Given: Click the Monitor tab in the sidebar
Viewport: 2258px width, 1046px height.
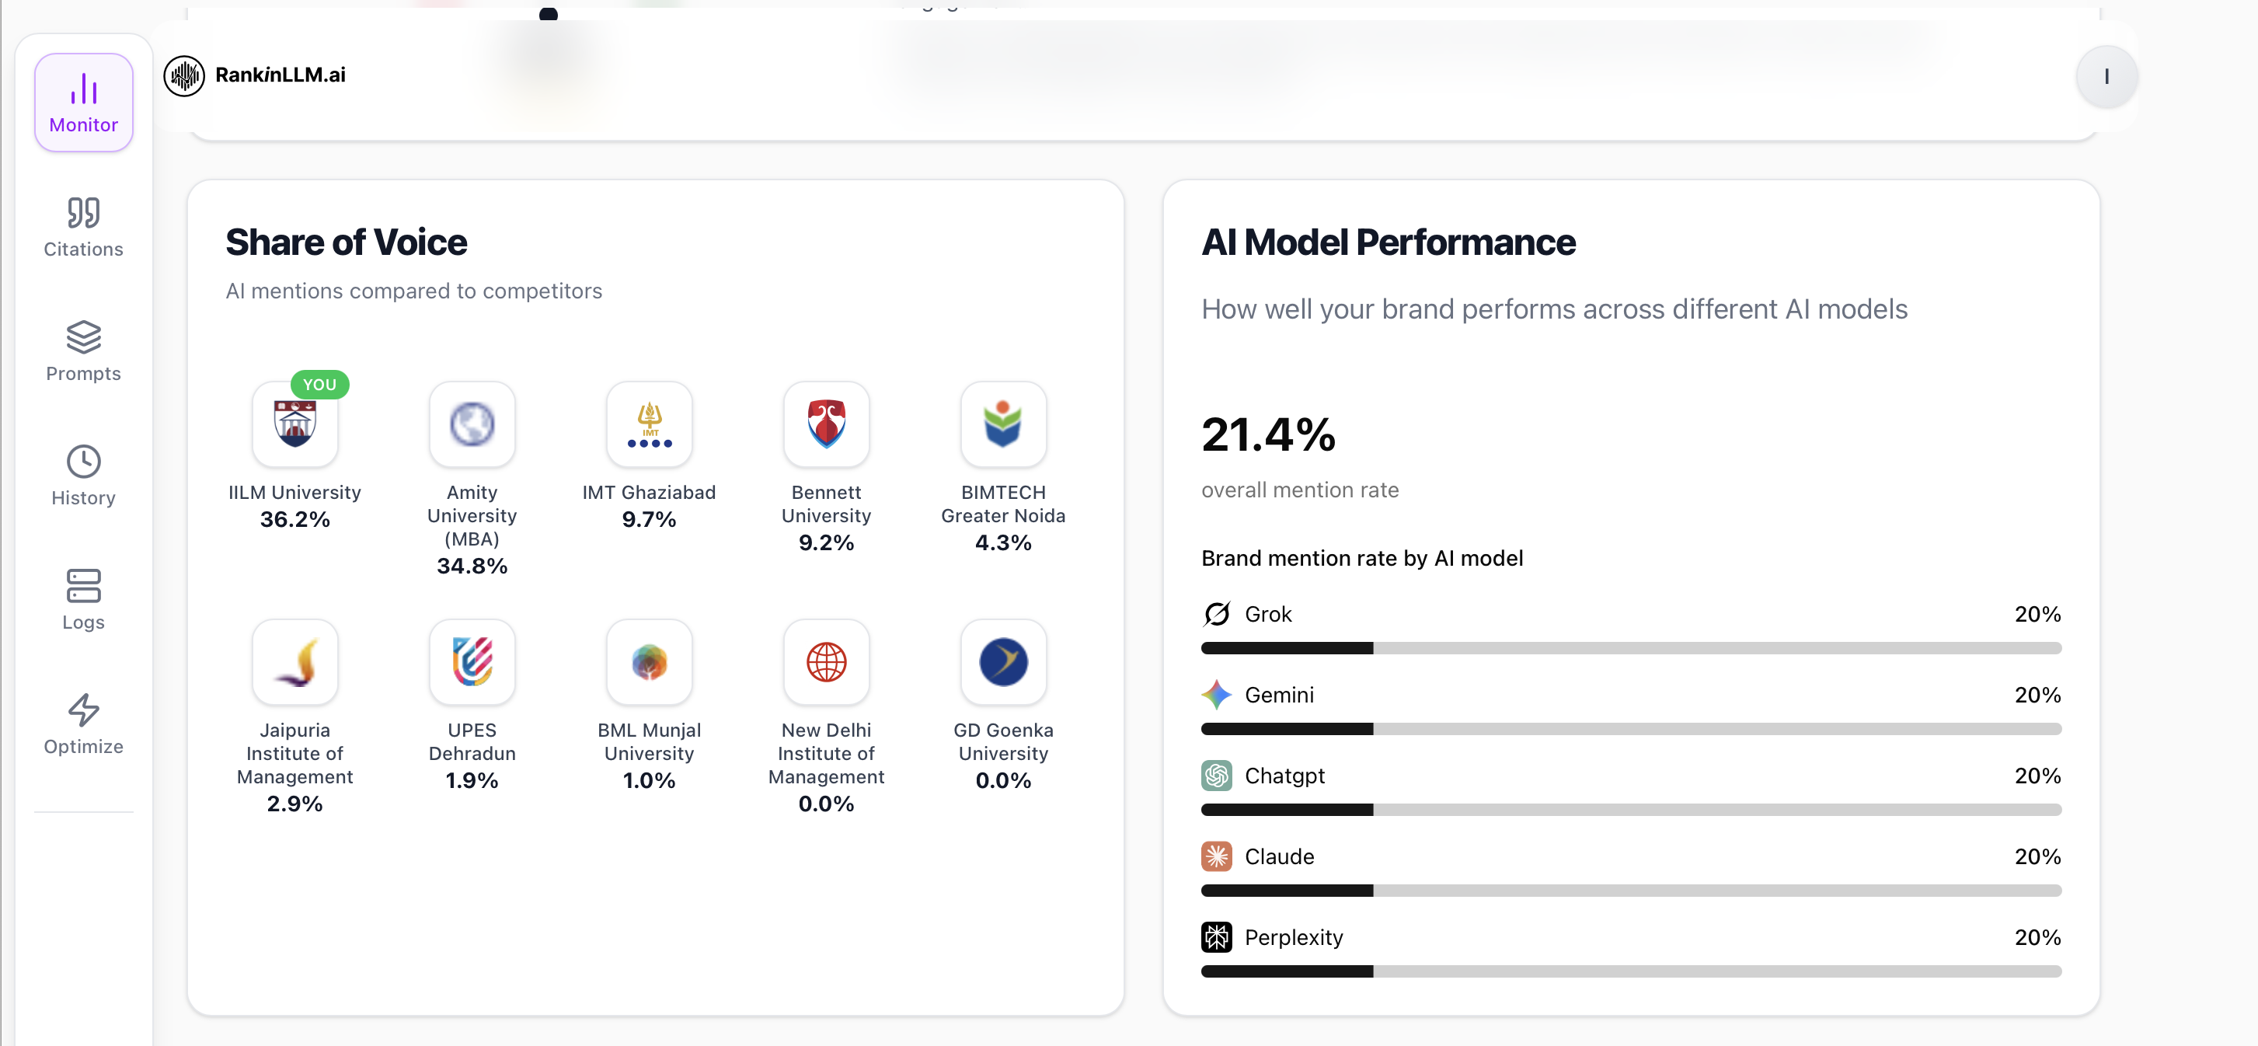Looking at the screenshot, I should (83, 103).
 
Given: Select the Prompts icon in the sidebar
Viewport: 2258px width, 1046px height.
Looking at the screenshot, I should (83, 337).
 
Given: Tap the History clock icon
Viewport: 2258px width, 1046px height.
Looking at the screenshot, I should (83, 462).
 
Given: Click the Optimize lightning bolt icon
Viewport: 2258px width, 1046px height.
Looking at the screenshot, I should (83, 710).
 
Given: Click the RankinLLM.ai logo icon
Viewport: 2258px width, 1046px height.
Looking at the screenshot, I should (184, 75).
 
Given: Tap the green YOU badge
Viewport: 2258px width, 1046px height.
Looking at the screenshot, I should (319, 384).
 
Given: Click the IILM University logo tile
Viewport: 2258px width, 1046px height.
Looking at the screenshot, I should (294, 424).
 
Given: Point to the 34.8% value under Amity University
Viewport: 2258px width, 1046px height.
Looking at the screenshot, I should (472, 567).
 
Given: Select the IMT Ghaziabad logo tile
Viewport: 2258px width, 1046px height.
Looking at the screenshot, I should (649, 424).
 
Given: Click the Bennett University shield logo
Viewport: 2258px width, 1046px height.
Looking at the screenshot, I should (826, 424).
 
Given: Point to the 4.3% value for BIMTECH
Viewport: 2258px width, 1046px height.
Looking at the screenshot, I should (1003, 542).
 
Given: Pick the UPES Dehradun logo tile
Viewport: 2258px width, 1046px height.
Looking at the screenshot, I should (472, 662).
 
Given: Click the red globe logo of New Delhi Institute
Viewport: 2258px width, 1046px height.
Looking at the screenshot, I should (826, 662).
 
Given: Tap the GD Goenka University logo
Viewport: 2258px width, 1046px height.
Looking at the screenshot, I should (1003, 662).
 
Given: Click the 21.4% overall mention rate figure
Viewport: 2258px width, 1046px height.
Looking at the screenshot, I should (1267, 435).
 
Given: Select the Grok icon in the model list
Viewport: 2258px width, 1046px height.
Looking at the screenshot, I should (1216, 614).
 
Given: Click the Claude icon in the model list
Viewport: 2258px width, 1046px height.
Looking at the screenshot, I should (1216, 856).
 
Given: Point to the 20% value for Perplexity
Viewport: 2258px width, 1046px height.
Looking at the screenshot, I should (2037, 937).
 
